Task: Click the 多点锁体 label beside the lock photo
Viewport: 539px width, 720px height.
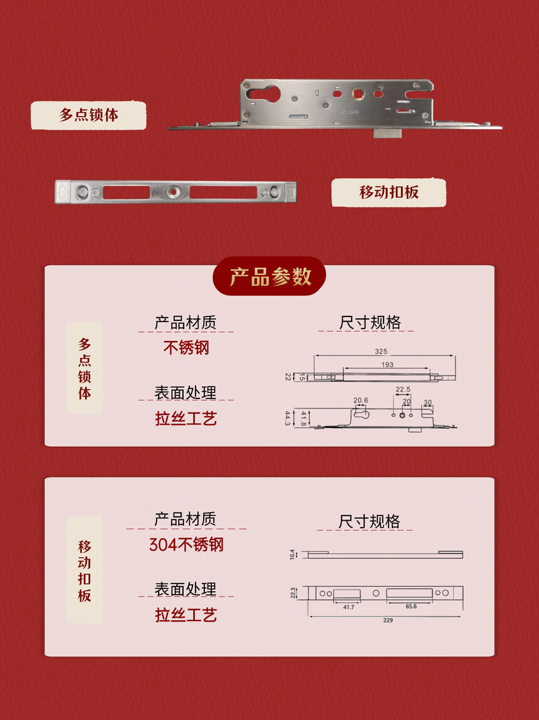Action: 88,115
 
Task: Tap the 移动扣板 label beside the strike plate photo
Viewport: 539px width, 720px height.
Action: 389,192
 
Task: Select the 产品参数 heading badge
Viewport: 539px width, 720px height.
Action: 269,276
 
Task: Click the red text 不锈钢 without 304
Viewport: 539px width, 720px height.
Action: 186,348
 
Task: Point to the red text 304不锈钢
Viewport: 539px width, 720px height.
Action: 186,545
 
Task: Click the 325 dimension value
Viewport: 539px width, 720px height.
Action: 381,352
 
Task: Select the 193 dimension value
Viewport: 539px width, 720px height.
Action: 387,365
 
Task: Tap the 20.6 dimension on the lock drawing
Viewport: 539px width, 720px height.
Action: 360,400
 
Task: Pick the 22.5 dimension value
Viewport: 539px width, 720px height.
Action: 402,389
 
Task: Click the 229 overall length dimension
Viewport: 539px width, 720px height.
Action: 388,620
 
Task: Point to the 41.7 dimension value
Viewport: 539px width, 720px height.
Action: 348,607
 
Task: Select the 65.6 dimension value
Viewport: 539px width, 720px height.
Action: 411,606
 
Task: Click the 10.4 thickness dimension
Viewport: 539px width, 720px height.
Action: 293,554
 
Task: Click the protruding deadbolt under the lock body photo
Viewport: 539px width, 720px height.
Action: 388,133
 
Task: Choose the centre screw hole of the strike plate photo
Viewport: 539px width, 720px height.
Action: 174,192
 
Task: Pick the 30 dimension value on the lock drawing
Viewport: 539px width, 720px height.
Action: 427,402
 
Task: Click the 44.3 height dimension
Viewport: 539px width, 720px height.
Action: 288,418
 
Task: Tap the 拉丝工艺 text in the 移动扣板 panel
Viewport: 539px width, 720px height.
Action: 186,615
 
